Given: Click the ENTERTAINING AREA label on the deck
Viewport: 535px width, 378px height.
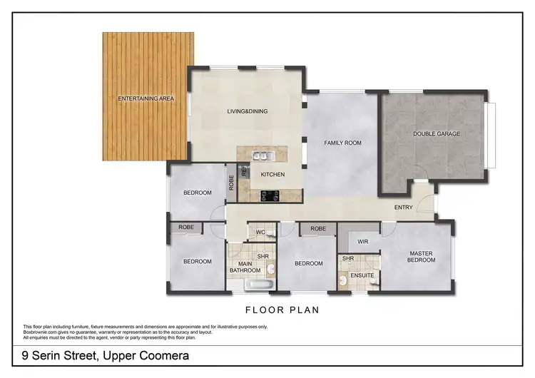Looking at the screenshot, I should (146, 98).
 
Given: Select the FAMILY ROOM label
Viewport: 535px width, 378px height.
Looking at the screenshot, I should (342, 143).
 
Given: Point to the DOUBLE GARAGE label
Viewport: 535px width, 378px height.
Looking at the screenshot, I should (437, 133).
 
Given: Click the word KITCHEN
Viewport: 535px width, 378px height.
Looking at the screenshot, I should (272, 174).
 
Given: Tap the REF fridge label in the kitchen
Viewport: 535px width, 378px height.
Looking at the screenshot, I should (244, 172).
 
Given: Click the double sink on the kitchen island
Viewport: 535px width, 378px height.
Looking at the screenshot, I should (262, 156).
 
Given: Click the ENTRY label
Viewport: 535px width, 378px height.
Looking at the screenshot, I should (404, 208).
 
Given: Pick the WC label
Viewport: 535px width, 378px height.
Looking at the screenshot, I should (260, 232).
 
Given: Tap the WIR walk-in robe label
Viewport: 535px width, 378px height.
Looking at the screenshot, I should (362, 242).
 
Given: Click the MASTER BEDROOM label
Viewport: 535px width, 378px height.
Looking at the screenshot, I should (422, 257).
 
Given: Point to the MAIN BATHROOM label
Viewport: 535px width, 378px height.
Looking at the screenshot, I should (244, 267).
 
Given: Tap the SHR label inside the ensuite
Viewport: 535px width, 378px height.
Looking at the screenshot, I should (348, 258).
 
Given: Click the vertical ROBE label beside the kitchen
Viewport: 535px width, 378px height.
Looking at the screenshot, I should (231, 182).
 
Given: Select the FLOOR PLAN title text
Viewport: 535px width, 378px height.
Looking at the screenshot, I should (282, 310).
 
